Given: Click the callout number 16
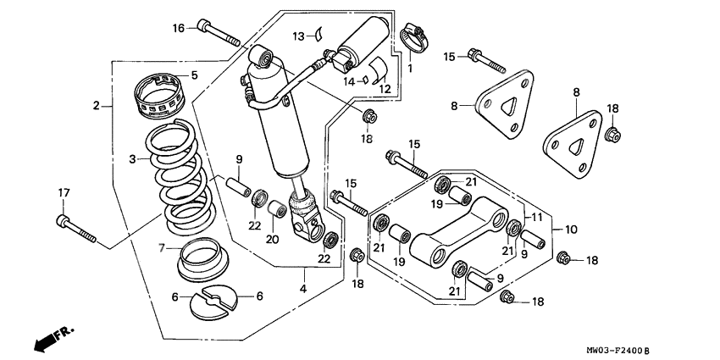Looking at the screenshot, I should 179,28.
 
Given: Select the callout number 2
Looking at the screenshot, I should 97,106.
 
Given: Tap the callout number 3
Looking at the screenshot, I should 132,158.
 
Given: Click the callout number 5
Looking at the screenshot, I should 194,75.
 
